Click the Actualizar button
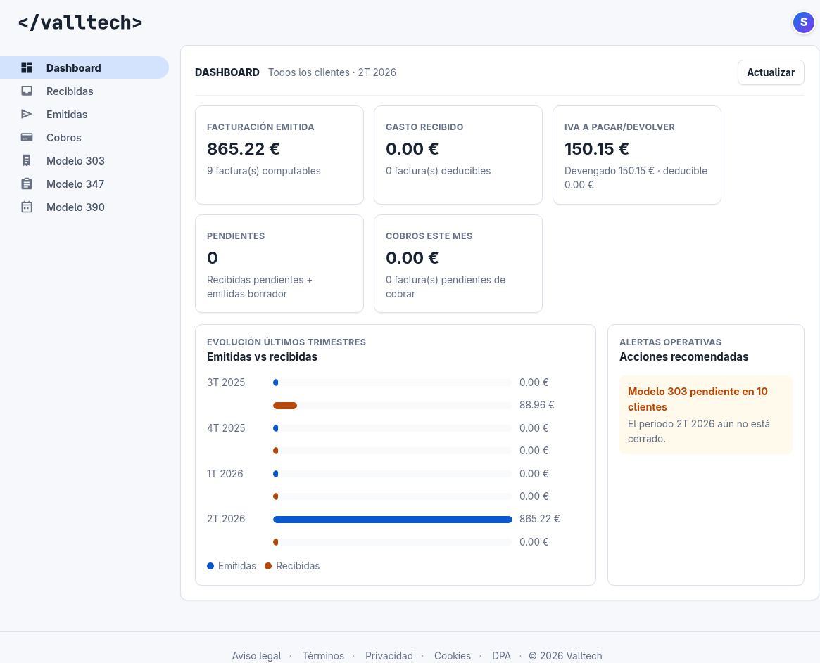771,72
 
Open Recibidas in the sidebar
70,91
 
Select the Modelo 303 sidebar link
75,160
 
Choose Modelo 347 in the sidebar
75,184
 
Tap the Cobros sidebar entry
64,137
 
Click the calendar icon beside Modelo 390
27,207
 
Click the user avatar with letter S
803,22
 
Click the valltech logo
80,22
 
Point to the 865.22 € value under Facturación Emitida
243,149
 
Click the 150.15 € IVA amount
596,149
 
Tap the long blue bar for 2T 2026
392,520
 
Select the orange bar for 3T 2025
285,406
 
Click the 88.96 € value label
536,405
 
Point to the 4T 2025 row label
226,428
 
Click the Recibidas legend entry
292,566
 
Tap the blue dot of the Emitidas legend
210,566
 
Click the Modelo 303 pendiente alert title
698,399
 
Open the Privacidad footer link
389,656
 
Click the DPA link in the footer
502,656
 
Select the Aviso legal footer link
256,656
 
